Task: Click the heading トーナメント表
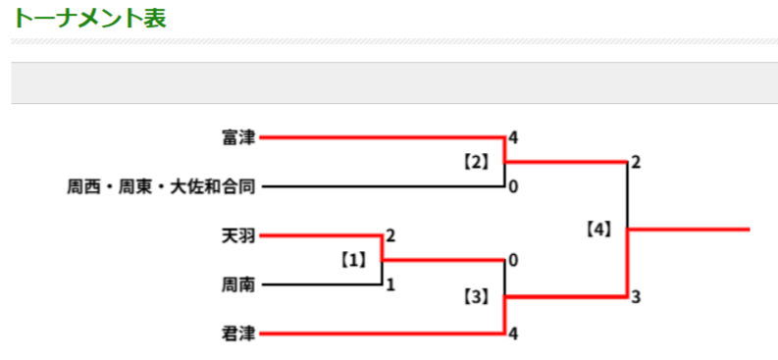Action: click(x=89, y=19)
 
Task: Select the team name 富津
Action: click(x=238, y=138)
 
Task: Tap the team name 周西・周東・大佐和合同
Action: click(x=161, y=187)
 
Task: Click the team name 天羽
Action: click(x=238, y=236)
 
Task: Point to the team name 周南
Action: click(x=238, y=285)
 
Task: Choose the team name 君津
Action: click(x=238, y=334)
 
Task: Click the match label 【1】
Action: click(x=353, y=260)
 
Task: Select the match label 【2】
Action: click(x=477, y=162)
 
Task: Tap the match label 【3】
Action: click(x=477, y=297)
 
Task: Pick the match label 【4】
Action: click(x=598, y=231)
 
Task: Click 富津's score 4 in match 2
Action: click(x=513, y=138)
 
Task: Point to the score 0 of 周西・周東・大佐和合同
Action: click(x=513, y=187)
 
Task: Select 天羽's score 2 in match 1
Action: click(x=390, y=236)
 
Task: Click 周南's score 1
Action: click(x=390, y=285)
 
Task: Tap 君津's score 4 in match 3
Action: click(x=513, y=334)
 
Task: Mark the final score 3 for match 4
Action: click(x=636, y=297)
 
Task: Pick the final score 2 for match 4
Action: click(x=636, y=163)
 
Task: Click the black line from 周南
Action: click(x=322, y=285)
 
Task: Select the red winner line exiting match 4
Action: click(x=689, y=230)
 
